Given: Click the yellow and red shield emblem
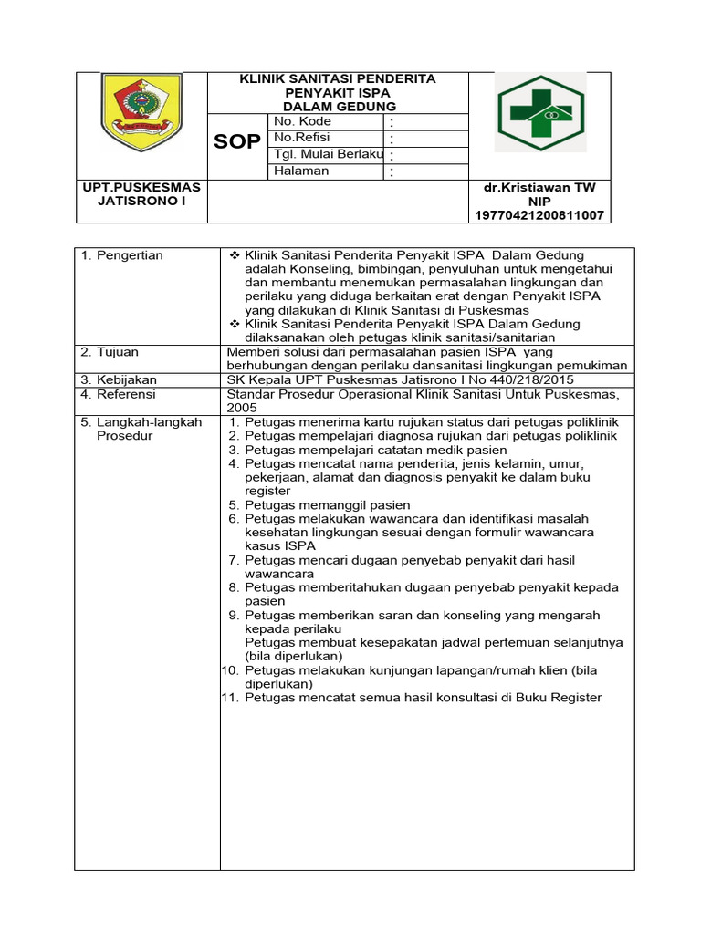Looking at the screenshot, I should click(x=141, y=112).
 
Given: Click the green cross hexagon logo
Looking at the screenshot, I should click(x=539, y=112).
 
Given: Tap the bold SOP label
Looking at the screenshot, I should click(x=237, y=142).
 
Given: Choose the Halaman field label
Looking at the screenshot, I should click(x=301, y=171).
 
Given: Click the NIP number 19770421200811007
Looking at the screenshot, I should click(x=539, y=215).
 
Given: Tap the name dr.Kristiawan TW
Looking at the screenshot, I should click(x=539, y=187).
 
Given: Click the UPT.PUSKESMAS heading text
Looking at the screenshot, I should click(x=141, y=187).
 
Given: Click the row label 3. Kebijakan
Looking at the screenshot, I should click(x=119, y=379).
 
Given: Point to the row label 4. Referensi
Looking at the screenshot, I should click(x=119, y=394).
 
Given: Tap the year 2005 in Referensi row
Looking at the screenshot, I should click(x=242, y=408).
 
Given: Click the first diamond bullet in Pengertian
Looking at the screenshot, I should click(x=235, y=255).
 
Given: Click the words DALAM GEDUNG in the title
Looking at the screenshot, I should click(x=338, y=107).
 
